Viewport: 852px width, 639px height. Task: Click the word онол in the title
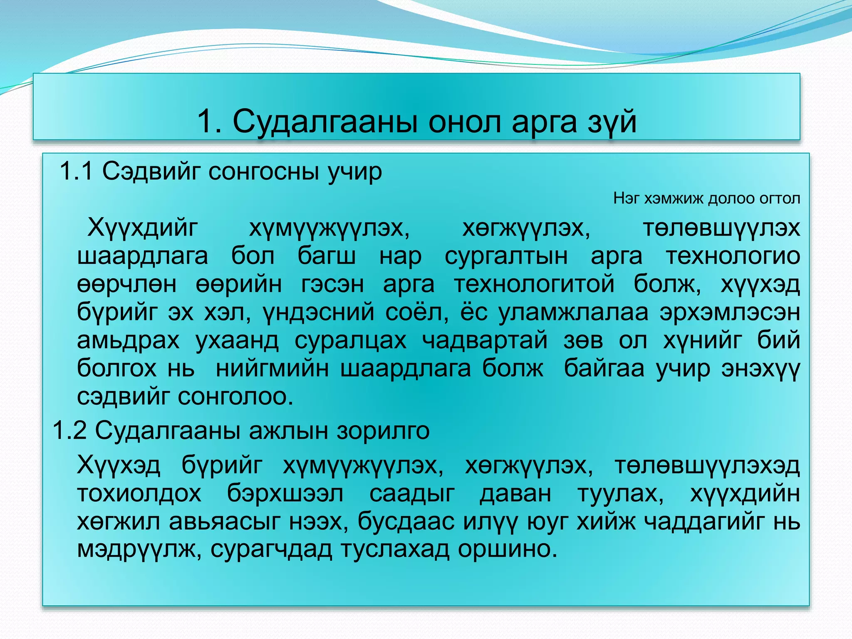(464, 122)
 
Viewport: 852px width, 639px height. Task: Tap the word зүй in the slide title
(612, 122)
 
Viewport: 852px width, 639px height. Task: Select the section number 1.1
(76, 171)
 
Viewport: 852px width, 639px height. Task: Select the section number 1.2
(69, 431)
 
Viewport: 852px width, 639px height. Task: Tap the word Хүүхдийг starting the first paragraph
(142, 228)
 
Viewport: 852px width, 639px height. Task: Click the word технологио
(733, 256)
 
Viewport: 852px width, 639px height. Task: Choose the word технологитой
(534, 284)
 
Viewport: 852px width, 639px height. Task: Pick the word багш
(327, 256)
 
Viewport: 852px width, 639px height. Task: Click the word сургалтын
(506, 256)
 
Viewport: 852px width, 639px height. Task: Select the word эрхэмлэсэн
(729, 312)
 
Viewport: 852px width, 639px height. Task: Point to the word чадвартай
(485, 341)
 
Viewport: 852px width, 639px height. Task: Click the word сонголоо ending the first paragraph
(235, 396)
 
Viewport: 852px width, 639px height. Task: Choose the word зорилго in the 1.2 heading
(383, 431)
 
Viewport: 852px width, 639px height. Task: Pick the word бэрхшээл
(285, 494)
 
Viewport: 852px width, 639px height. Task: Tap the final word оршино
(507, 550)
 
